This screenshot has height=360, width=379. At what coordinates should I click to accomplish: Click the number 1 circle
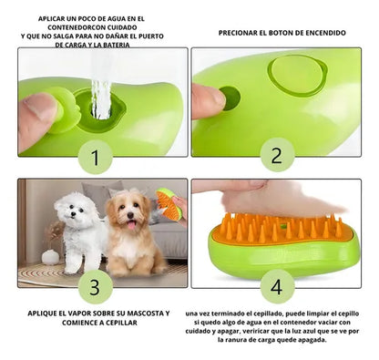(x=95, y=157)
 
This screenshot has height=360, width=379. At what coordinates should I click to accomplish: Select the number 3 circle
(x=95, y=285)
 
